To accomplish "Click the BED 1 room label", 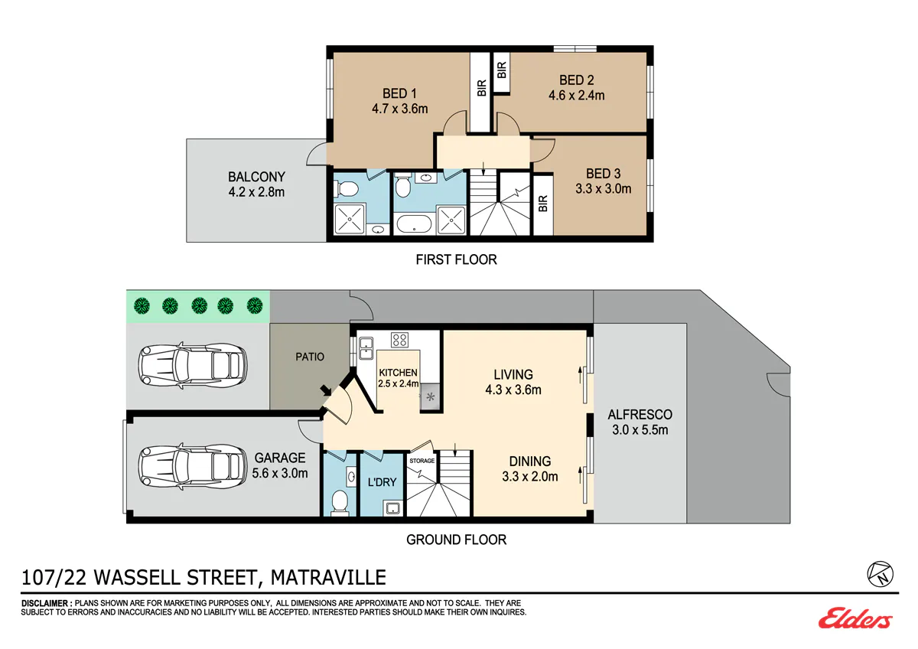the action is (399, 93).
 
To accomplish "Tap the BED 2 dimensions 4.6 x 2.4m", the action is (577, 96).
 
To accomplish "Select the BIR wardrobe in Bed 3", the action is (543, 204).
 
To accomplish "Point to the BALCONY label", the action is (256, 177).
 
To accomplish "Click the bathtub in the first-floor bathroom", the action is (414, 223).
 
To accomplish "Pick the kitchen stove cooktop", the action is (399, 340).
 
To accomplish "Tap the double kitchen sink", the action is (366, 348).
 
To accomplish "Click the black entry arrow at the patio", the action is (326, 390).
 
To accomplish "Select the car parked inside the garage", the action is (193, 466).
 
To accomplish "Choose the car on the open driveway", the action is (193, 365).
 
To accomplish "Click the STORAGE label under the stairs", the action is (422, 461).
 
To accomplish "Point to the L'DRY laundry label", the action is (382, 482).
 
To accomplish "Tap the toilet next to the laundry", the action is (340, 502).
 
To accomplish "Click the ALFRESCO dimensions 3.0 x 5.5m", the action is (640, 430).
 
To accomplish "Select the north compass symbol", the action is (880, 574).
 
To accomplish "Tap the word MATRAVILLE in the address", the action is (328, 578).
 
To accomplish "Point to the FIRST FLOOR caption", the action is (456, 259).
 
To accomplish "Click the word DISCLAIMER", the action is (44, 604).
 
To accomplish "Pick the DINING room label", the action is (530, 461).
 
